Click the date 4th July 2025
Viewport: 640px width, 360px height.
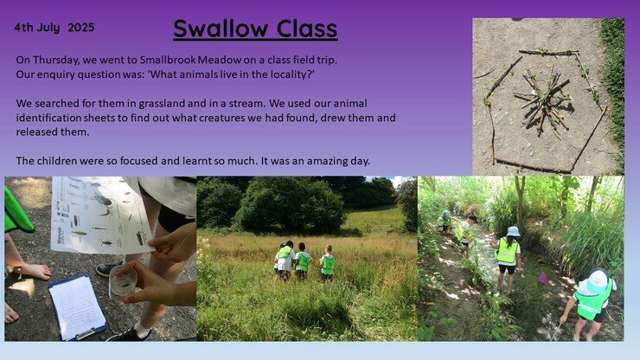pyautogui.click(x=54, y=28)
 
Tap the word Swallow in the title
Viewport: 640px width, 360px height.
pyautogui.click(x=221, y=29)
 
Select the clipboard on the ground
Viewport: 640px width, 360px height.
pyautogui.click(x=78, y=307)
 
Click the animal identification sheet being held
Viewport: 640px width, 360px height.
pyautogui.click(x=100, y=215)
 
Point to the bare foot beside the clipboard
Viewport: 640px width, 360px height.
pyautogui.click(x=31, y=271)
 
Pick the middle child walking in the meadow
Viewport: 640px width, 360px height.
pyautogui.click(x=303, y=261)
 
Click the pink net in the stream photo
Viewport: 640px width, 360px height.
pyautogui.click(x=542, y=279)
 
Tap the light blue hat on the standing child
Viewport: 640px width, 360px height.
pyautogui.click(x=513, y=231)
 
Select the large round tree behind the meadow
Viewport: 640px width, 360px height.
pyautogui.click(x=291, y=205)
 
